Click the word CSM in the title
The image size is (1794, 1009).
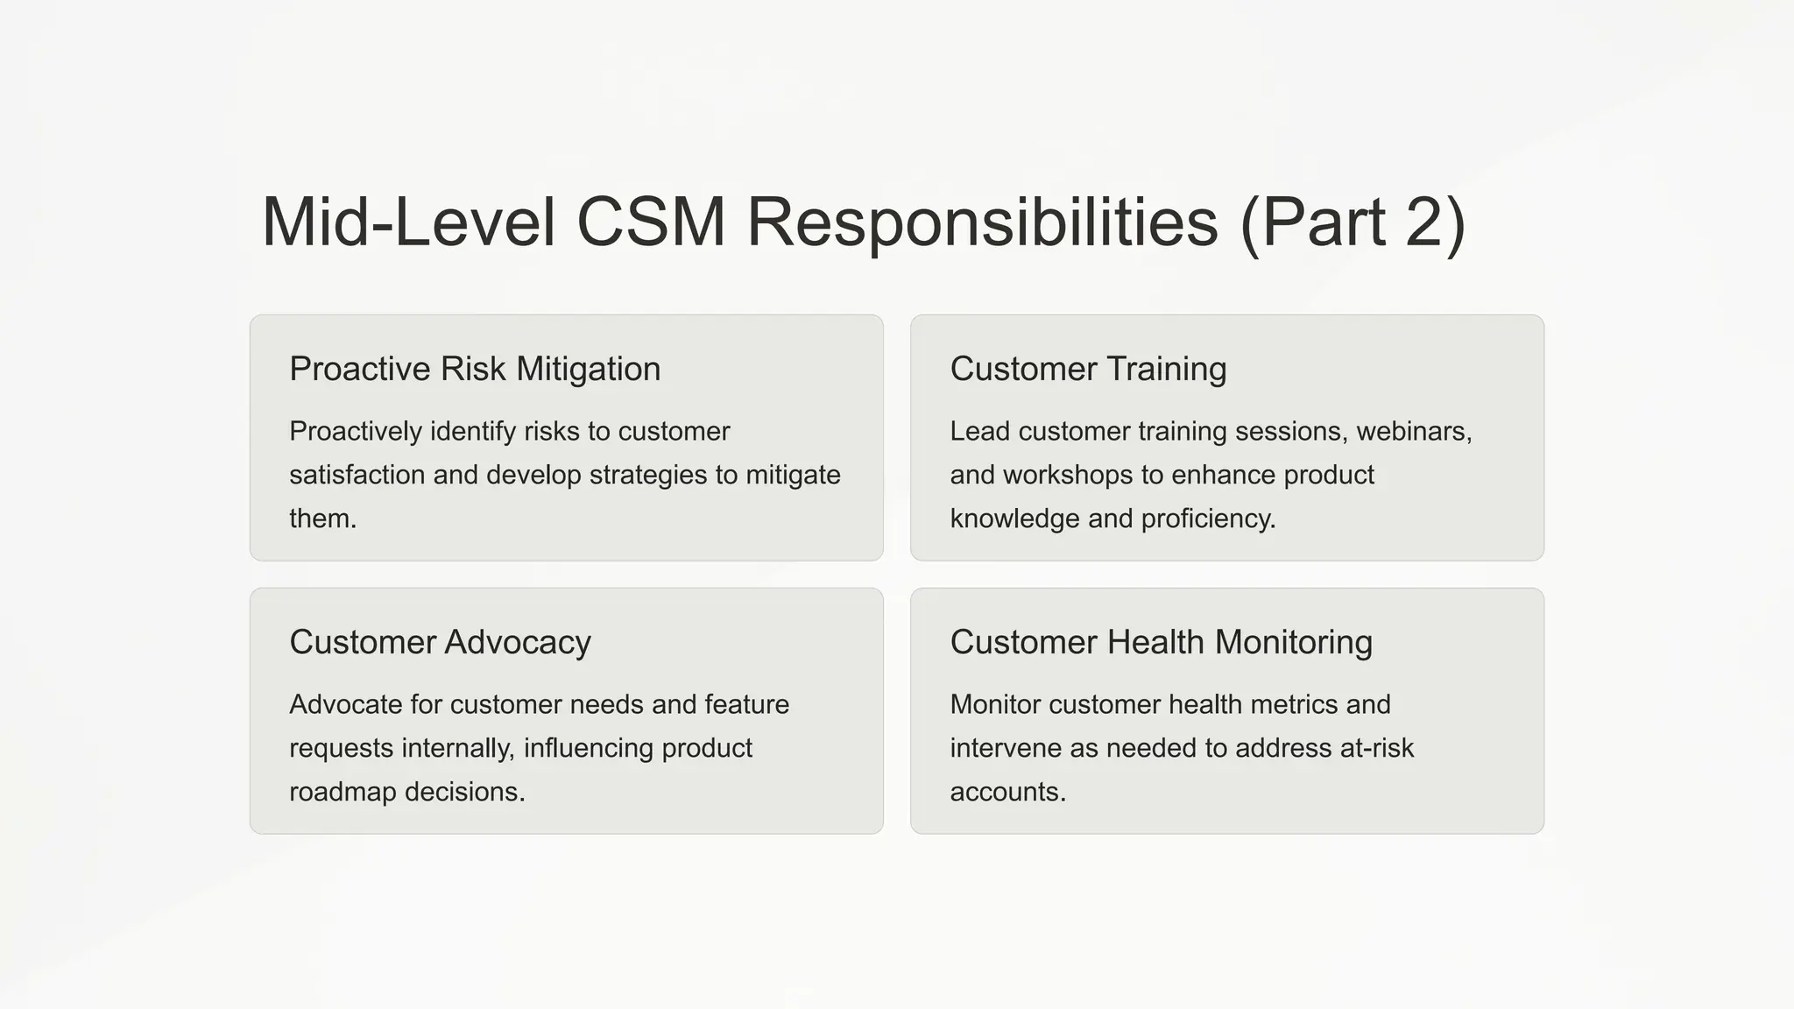coord(650,222)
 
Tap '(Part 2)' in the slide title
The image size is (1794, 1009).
coord(1353,222)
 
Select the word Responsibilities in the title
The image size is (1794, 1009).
coord(982,222)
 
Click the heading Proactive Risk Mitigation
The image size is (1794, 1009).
coord(475,369)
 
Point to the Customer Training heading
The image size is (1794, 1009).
coord(1088,369)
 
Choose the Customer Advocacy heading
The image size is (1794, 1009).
coord(440,642)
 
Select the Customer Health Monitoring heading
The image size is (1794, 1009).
coord(1161,642)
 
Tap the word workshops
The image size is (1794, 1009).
coord(1068,475)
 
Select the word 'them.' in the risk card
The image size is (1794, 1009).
coord(322,519)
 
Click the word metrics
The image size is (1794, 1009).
coord(1284,704)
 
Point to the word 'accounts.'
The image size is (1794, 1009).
coord(1007,792)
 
